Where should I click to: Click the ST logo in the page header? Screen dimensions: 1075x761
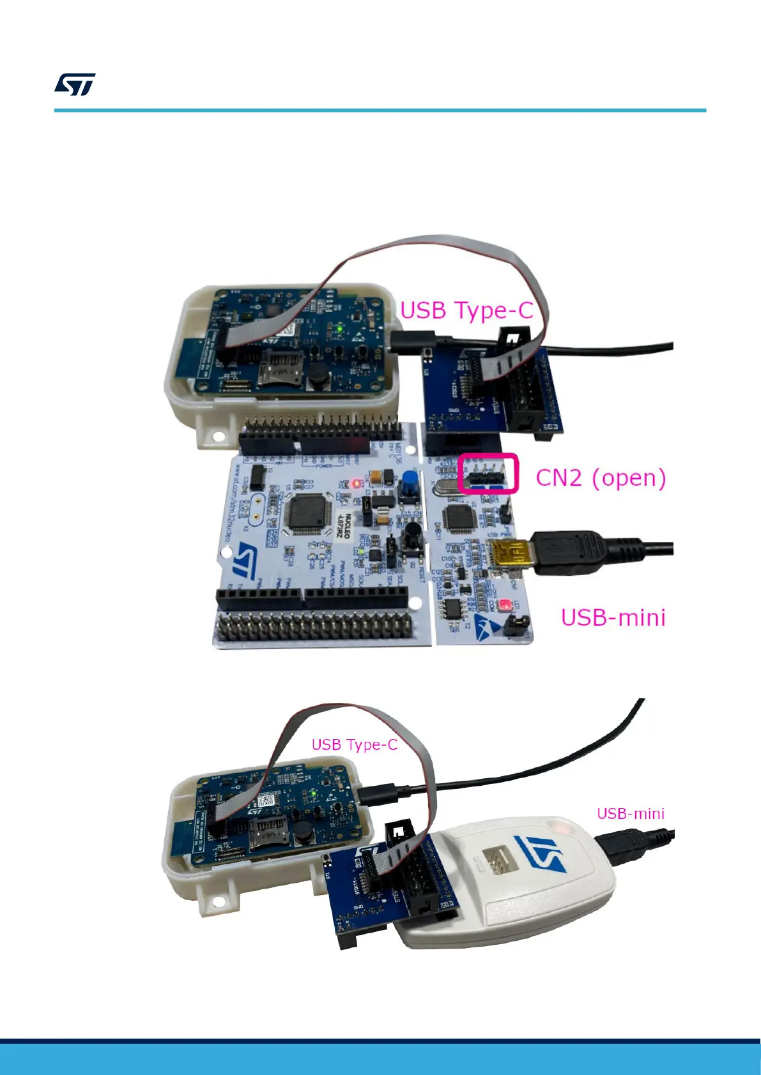point(75,84)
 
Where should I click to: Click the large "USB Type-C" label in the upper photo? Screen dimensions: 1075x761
point(466,311)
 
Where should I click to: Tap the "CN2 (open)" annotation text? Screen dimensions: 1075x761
point(601,477)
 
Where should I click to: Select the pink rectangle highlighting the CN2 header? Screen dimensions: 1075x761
point(489,473)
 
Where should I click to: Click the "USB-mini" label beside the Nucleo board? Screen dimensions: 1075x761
point(613,617)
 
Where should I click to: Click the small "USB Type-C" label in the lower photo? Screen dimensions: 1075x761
point(354,744)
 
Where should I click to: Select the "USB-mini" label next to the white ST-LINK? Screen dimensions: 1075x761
point(630,813)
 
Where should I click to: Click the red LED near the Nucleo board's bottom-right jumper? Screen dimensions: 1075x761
point(505,604)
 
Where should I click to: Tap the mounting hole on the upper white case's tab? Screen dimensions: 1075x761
point(218,436)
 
